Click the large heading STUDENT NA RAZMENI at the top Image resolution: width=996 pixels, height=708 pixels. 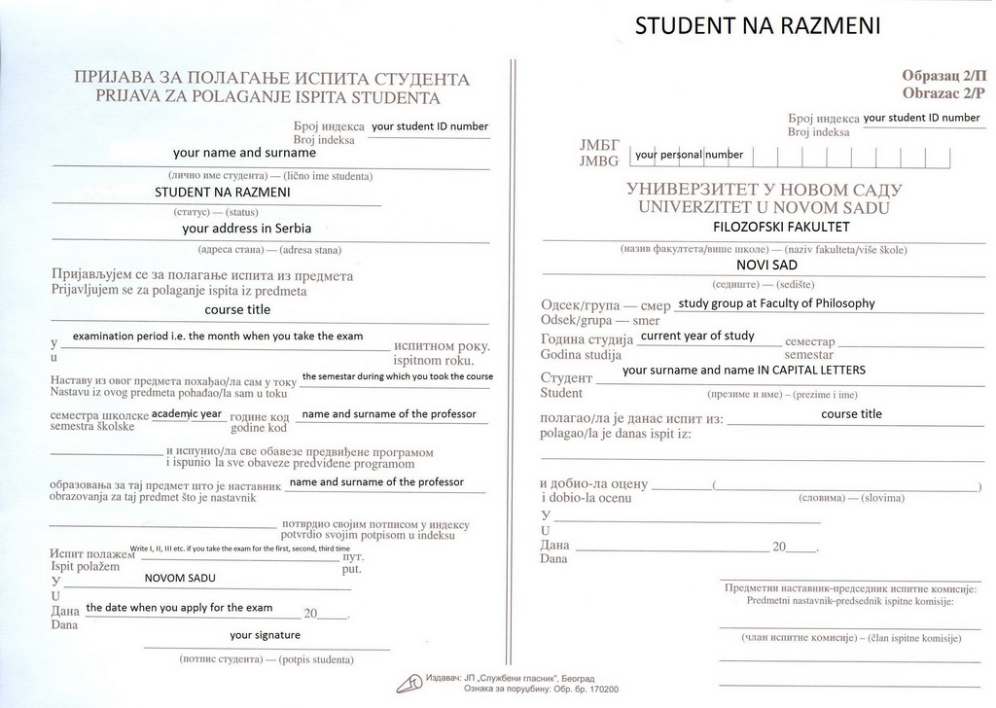758,26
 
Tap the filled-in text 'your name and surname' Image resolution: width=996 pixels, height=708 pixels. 244,153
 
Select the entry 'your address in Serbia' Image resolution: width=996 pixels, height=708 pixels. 247,230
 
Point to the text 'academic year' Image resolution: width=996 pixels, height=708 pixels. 188,413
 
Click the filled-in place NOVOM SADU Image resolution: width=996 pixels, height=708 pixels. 180,578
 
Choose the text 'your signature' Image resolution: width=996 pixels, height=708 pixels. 267,635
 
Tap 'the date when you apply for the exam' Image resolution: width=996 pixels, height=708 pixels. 179,608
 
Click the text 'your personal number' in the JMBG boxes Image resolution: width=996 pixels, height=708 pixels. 690,155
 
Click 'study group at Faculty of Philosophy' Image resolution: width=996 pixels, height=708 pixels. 776,303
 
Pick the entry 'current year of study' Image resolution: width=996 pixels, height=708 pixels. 696,336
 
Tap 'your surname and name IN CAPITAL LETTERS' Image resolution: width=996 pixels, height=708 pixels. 743,371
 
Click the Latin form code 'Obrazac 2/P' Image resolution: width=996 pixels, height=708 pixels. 943,93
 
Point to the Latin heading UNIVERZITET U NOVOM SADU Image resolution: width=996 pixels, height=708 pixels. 764,207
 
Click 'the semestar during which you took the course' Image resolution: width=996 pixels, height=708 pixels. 397,376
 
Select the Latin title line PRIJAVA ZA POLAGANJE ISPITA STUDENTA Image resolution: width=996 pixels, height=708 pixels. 267,97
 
